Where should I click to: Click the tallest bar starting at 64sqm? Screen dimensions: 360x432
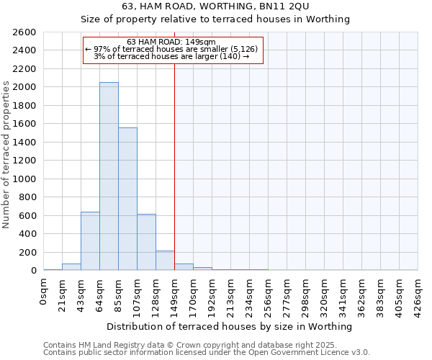(x=109, y=176)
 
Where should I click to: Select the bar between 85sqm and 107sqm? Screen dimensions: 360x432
(x=127, y=199)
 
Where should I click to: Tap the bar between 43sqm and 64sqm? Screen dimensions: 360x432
(x=90, y=241)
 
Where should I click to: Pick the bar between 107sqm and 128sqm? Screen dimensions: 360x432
(x=146, y=242)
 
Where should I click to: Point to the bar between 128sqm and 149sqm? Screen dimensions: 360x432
(x=165, y=261)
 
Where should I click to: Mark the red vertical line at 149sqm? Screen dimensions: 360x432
(x=174, y=166)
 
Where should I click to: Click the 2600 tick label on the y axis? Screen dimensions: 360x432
(x=24, y=32)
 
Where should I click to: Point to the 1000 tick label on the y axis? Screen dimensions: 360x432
(x=24, y=179)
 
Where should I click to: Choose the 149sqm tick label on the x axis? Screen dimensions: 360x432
(x=175, y=294)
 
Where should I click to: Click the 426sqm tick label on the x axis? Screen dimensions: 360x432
(x=418, y=294)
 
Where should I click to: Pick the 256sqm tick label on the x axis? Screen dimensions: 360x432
(x=269, y=294)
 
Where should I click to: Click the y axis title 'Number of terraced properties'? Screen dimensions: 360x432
(x=6, y=155)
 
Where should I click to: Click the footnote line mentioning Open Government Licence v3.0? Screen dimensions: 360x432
(x=207, y=353)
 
